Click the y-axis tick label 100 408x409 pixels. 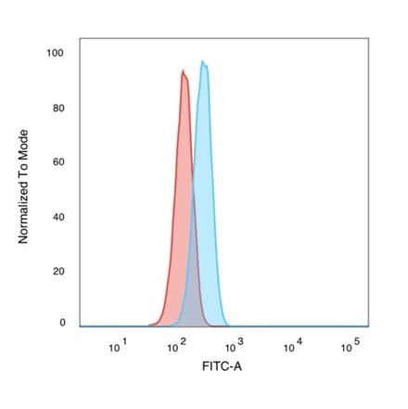[x=56, y=53]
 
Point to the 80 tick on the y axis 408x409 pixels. [x=58, y=108]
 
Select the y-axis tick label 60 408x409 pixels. [x=58, y=161]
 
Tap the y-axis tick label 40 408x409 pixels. [x=58, y=216]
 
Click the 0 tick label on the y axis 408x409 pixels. [x=62, y=323]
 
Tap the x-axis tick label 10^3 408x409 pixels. [x=233, y=347]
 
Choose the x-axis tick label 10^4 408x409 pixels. [x=291, y=347]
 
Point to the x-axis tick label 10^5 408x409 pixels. [x=350, y=347]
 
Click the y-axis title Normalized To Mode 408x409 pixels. [x=24, y=186]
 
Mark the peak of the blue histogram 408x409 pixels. [x=203, y=63]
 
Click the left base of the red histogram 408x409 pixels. [x=150, y=325]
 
